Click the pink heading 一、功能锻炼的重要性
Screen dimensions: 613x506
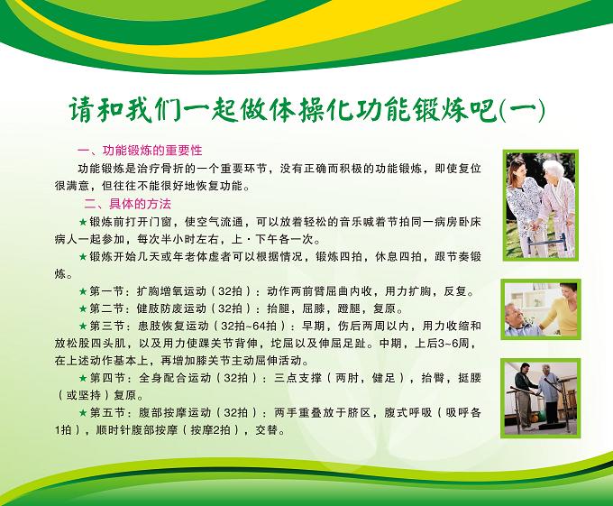[140, 150]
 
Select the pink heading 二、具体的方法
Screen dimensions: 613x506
[128, 204]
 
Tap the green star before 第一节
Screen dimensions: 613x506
[83, 291]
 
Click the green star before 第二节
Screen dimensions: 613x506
[83, 308]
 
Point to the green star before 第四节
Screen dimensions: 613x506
[83, 378]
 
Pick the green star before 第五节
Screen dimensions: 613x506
[83, 412]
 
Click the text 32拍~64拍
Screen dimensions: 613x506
[249, 326]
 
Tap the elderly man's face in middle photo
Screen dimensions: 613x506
[516, 313]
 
